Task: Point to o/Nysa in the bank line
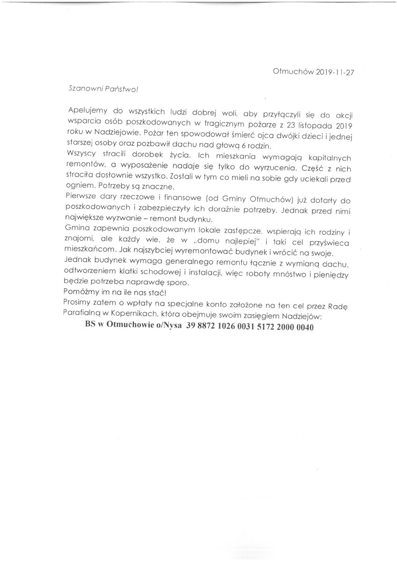[x=167, y=327]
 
